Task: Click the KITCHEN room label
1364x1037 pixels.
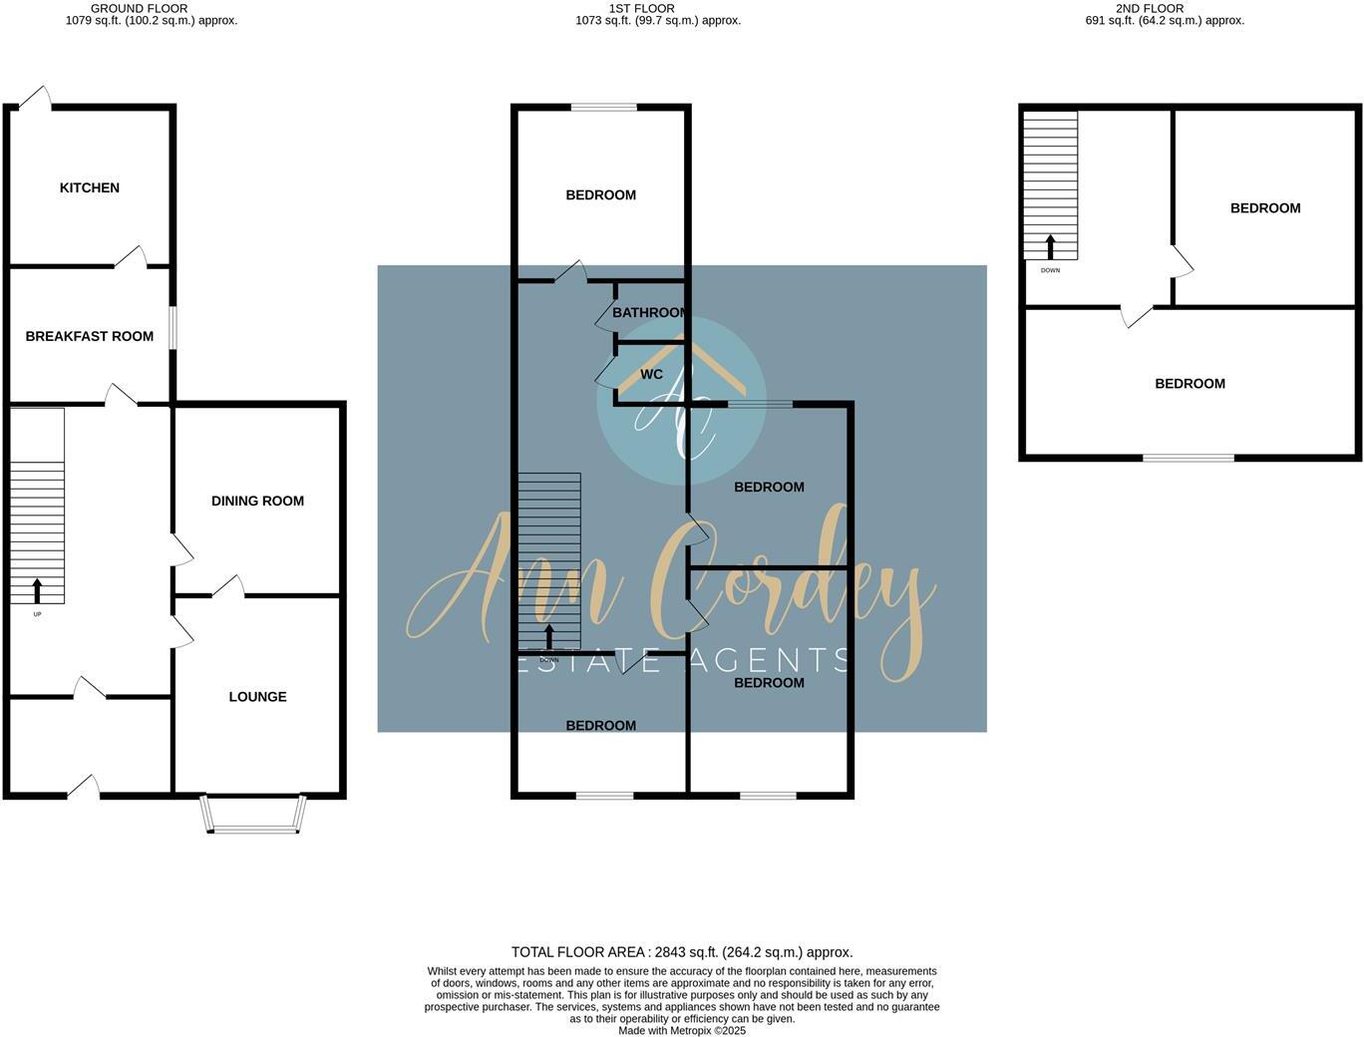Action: click(x=90, y=188)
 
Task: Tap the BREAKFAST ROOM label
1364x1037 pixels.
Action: click(x=90, y=337)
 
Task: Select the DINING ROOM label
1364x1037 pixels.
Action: click(x=257, y=502)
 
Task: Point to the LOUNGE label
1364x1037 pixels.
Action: click(x=257, y=697)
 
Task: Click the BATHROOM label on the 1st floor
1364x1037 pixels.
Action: click(x=649, y=313)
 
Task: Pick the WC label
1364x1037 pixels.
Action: click(x=651, y=375)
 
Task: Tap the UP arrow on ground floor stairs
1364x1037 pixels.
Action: click(x=38, y=590)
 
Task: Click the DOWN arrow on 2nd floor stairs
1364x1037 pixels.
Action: click(x=1050, y=246)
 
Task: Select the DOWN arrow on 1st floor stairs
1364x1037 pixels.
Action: click(x=548, y=636)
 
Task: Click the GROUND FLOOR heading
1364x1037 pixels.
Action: click(x=139, y=8)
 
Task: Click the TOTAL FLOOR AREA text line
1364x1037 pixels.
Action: click(x=682, y=952)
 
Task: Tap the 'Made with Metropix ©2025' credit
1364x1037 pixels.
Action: click(x=682, y=1031)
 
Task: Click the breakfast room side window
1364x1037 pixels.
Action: click(x=172, y=327)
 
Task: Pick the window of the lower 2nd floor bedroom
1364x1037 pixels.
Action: click(x=1188, y=458)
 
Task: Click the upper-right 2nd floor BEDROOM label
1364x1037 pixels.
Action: click(x=1264, y=208)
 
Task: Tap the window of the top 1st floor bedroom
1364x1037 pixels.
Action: click(x=604, y=107)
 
